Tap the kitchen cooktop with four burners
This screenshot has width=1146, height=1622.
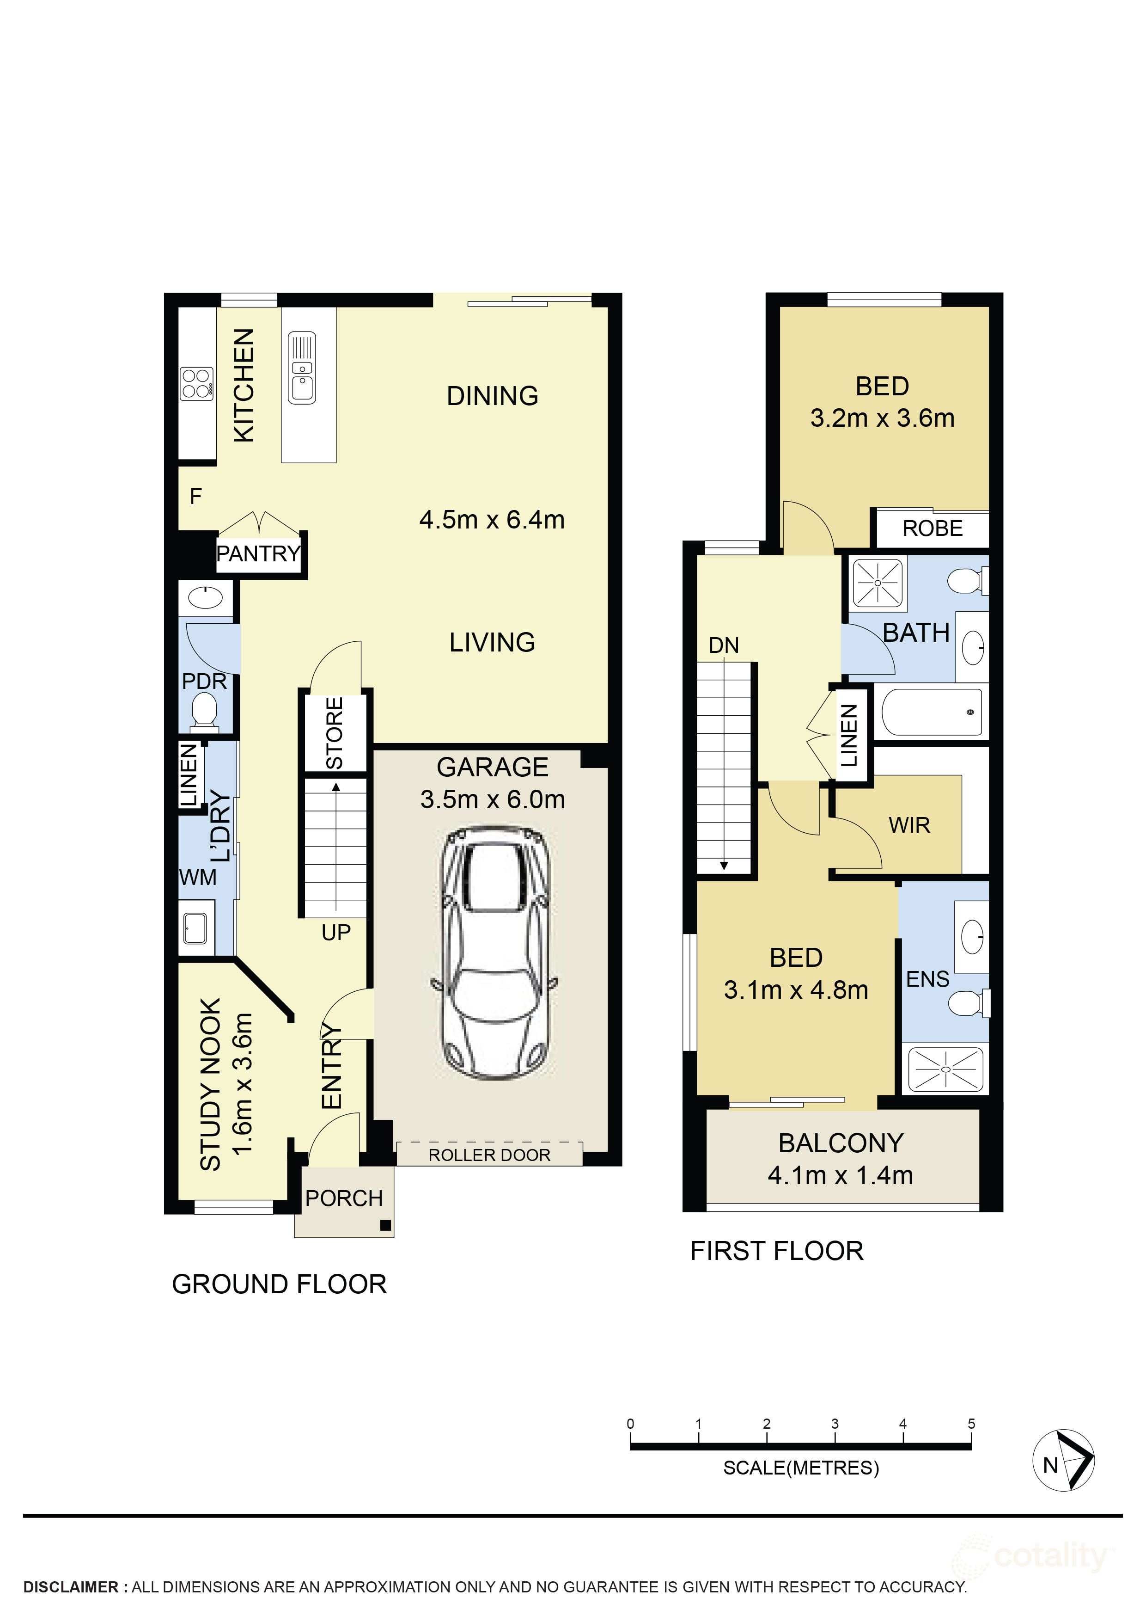(196, 384)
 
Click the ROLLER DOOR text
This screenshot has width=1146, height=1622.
(489, 1155)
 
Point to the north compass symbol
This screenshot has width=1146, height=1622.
(1063, 1461)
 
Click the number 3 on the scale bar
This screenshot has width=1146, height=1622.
(835, 1424)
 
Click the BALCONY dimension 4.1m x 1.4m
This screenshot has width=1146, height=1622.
(840, 1175)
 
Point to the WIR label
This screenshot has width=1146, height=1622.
(909, 825)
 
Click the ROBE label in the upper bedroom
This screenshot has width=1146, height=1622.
(932, 528)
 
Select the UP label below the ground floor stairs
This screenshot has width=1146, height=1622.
(335, 933)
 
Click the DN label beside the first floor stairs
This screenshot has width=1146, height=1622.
(724, 645)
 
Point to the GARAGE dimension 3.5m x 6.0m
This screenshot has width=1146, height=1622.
(492, 799)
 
